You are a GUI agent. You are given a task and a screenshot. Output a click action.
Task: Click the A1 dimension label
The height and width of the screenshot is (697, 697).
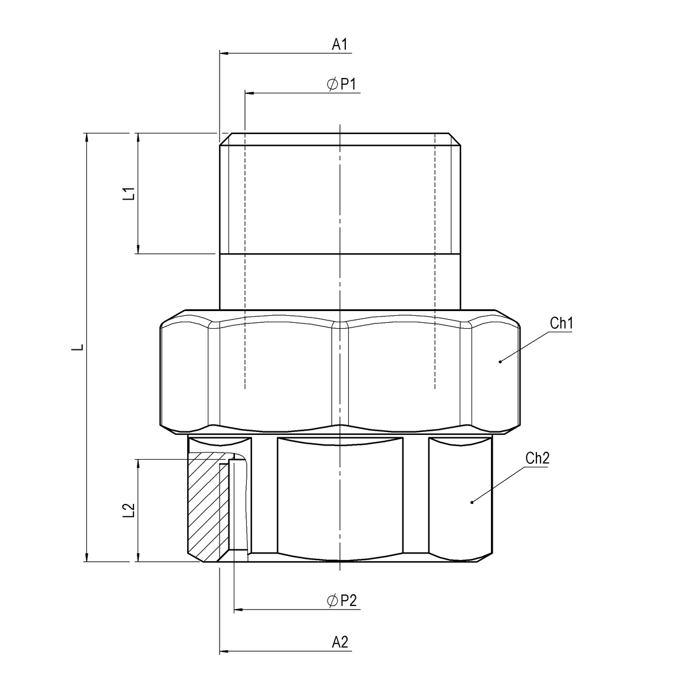coord(339,44)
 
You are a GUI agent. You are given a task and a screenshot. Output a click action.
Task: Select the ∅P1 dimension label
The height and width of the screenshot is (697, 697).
coord(342,85)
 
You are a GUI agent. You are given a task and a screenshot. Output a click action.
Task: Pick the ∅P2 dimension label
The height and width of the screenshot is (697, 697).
coord(342,601)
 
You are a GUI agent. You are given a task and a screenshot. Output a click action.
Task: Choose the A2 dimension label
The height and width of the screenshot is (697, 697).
coord(339,643)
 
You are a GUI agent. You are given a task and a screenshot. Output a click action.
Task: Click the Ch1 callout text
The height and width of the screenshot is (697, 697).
coord(561,323)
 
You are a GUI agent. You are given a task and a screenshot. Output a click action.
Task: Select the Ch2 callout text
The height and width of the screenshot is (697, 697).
coord(537,459)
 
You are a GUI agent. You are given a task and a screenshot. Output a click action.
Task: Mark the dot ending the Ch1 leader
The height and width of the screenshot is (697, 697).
coord(500,361)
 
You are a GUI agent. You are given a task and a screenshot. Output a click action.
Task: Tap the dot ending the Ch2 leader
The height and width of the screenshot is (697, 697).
coord(472,502)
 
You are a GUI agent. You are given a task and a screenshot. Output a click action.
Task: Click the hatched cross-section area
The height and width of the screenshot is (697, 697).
coord(204,508)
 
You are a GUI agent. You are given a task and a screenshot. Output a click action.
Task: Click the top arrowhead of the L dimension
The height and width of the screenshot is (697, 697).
coord(87,138)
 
